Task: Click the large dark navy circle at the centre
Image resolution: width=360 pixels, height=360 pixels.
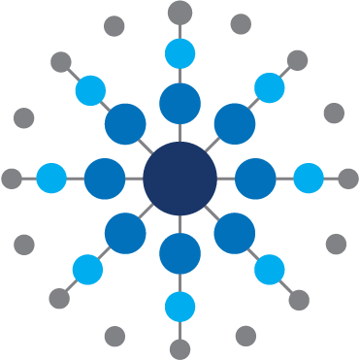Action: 180,179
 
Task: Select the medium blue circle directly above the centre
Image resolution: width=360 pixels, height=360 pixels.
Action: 180,103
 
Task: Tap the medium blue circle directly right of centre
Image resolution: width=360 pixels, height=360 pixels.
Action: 255,179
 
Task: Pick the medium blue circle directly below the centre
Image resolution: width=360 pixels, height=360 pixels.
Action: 180,253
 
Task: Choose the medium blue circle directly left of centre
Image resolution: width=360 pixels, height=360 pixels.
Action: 105,179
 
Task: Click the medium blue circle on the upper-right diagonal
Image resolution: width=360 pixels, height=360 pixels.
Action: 234,124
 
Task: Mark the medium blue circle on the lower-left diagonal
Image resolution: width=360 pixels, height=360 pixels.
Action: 125,233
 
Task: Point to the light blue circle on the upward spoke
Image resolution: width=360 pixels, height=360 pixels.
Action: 180,53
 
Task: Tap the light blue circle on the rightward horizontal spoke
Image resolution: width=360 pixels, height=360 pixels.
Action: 308,179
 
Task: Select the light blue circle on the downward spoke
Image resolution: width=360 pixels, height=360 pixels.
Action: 180,307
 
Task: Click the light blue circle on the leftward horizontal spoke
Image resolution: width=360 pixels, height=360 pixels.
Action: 51,179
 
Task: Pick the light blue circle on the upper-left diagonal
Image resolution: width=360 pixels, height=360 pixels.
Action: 90,89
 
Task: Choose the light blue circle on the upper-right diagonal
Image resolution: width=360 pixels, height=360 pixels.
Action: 270,88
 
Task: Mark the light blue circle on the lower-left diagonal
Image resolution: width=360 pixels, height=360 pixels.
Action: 87,270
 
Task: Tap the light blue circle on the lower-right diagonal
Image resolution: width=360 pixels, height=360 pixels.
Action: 269,269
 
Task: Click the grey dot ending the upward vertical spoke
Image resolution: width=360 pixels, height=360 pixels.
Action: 180,13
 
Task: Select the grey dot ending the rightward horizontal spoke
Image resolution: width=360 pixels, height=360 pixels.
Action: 348,179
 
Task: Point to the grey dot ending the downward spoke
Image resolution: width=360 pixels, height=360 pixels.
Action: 180,348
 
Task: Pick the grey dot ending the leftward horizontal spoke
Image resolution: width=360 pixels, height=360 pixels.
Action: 12,179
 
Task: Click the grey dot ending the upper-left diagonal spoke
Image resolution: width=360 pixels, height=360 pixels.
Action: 61,62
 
